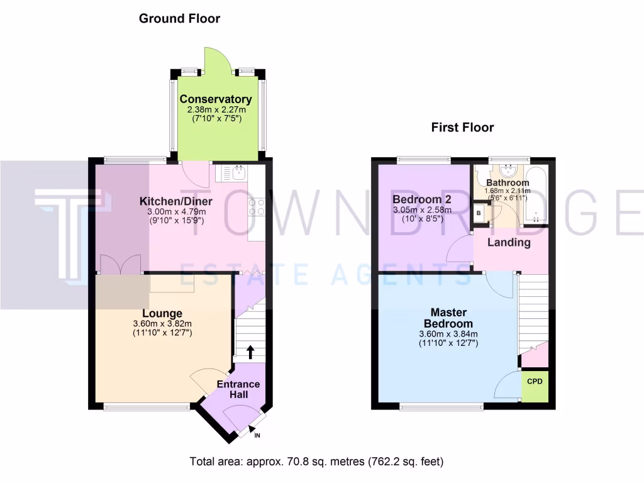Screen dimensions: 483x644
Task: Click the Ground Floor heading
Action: [179, 19]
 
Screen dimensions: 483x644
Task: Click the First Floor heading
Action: [462, 128]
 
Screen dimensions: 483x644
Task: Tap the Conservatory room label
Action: [215, 99]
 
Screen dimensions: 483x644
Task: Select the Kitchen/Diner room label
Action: [175, 201]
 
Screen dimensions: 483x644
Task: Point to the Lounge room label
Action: [162, 313]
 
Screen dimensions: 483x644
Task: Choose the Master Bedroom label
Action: [448, 318]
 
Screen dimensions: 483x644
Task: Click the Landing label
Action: [509, 242]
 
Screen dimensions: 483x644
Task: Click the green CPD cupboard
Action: [535, 382]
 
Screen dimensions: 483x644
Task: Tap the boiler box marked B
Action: [478, 213]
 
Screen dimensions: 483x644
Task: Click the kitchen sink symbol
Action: [238, 170]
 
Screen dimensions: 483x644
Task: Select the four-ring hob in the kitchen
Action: [257, 207]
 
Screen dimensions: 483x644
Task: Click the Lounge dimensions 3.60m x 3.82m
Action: [162, 324]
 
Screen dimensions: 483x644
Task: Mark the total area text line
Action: [317, 462]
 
